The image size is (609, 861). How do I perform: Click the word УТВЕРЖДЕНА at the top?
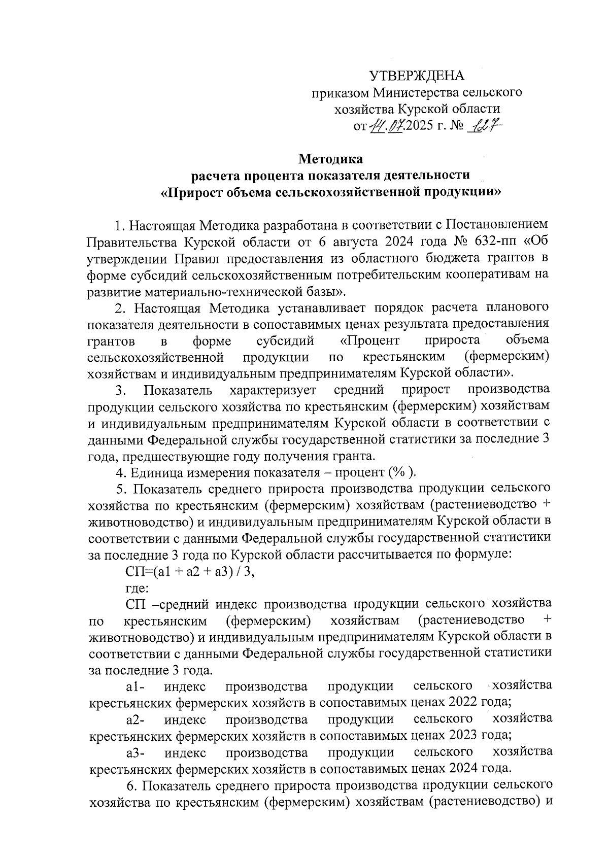(x=416, y=76)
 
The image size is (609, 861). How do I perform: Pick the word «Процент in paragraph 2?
(x=370, y=340)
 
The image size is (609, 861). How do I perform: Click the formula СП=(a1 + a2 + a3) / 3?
(x=189, y=571)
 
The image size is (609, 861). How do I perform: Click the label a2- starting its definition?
(x=136, y=719)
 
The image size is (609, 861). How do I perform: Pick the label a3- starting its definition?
(x=136, y=752)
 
